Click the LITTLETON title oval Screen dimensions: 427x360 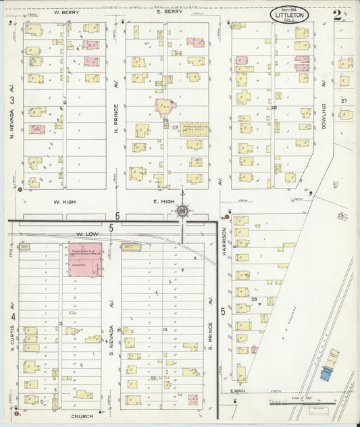tap(292, 14)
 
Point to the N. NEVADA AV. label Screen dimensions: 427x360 tap(11, 126)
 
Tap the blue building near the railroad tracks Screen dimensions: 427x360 tap(326, 372)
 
